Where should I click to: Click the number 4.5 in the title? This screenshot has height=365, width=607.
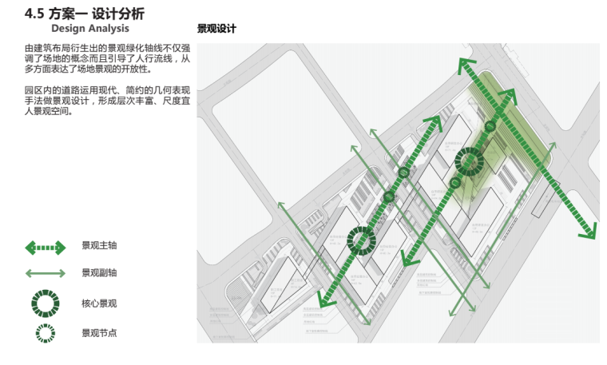tap(34, 14)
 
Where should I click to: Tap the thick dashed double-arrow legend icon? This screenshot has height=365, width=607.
tap(46, 248)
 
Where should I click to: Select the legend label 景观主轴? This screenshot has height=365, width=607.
tap(99, 246)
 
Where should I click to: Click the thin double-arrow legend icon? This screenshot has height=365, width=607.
tap(46, 274)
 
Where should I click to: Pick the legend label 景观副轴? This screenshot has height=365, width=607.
tap(99, 273)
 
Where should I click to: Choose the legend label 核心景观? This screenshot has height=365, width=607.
tap(99, 304)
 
